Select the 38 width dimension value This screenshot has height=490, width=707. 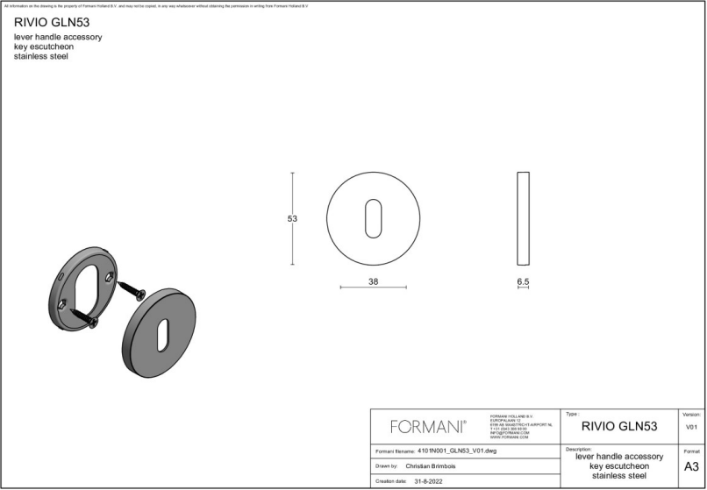click(x=373, y=281)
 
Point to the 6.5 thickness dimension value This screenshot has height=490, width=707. click(x=523, y=281)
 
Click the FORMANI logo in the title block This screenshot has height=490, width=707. click(x=428, y=427)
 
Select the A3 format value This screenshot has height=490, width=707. click(x=691, y=466)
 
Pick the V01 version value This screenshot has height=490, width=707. click(x=691, y=427)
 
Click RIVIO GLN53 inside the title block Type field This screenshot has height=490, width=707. click(x=619, y=427)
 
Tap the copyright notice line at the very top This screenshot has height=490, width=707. click(x=158, y=5)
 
